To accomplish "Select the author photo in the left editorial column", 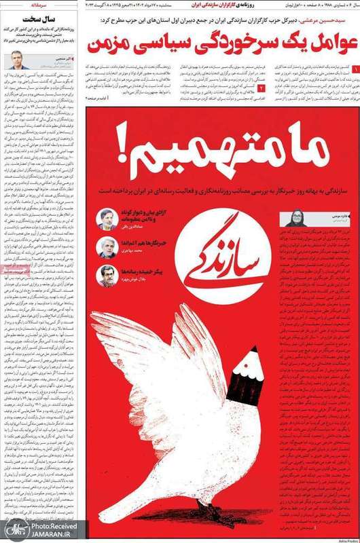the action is [14, 60].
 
